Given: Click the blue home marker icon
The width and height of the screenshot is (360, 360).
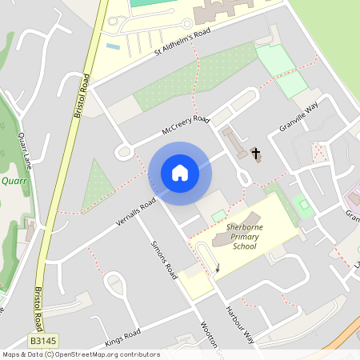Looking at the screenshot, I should [179, 173].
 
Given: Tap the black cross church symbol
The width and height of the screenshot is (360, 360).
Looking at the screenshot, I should [256, 153].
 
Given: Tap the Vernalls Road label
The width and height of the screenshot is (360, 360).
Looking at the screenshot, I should [136, 208].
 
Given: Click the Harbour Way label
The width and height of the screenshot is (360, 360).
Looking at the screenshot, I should [238, 322].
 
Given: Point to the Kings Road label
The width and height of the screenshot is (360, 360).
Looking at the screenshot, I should [122, 337].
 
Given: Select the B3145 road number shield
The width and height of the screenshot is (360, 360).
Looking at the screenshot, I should [37, 340].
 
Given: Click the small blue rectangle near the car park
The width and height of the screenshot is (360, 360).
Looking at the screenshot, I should [113, 46].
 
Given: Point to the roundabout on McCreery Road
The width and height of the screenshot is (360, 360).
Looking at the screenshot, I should [124, 150].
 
